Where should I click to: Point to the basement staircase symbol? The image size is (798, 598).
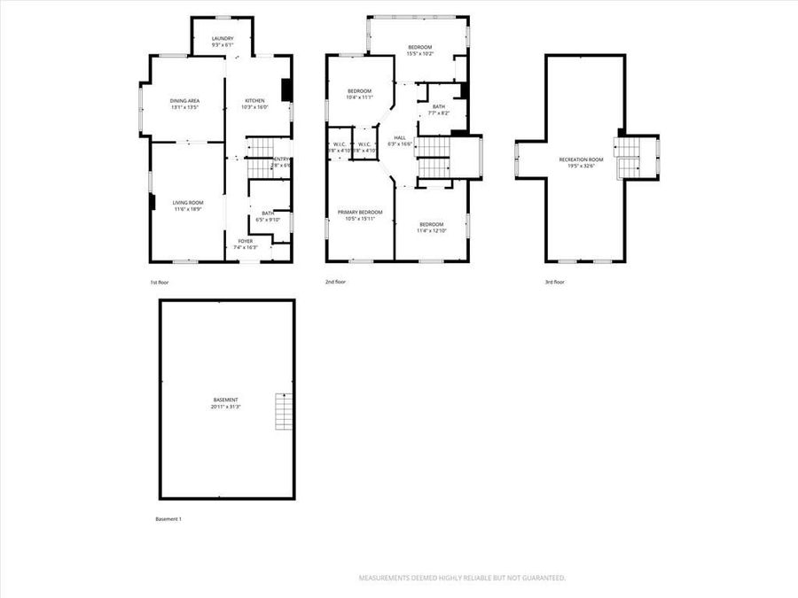click(284, 410)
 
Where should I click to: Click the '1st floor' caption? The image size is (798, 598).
click(160, 282)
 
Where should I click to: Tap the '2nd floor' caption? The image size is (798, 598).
click(335, 282)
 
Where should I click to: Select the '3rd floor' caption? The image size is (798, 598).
click(554, 282)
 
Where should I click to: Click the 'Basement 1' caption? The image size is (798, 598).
click(168, 519)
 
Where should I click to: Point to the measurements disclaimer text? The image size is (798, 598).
click(462, 578)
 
